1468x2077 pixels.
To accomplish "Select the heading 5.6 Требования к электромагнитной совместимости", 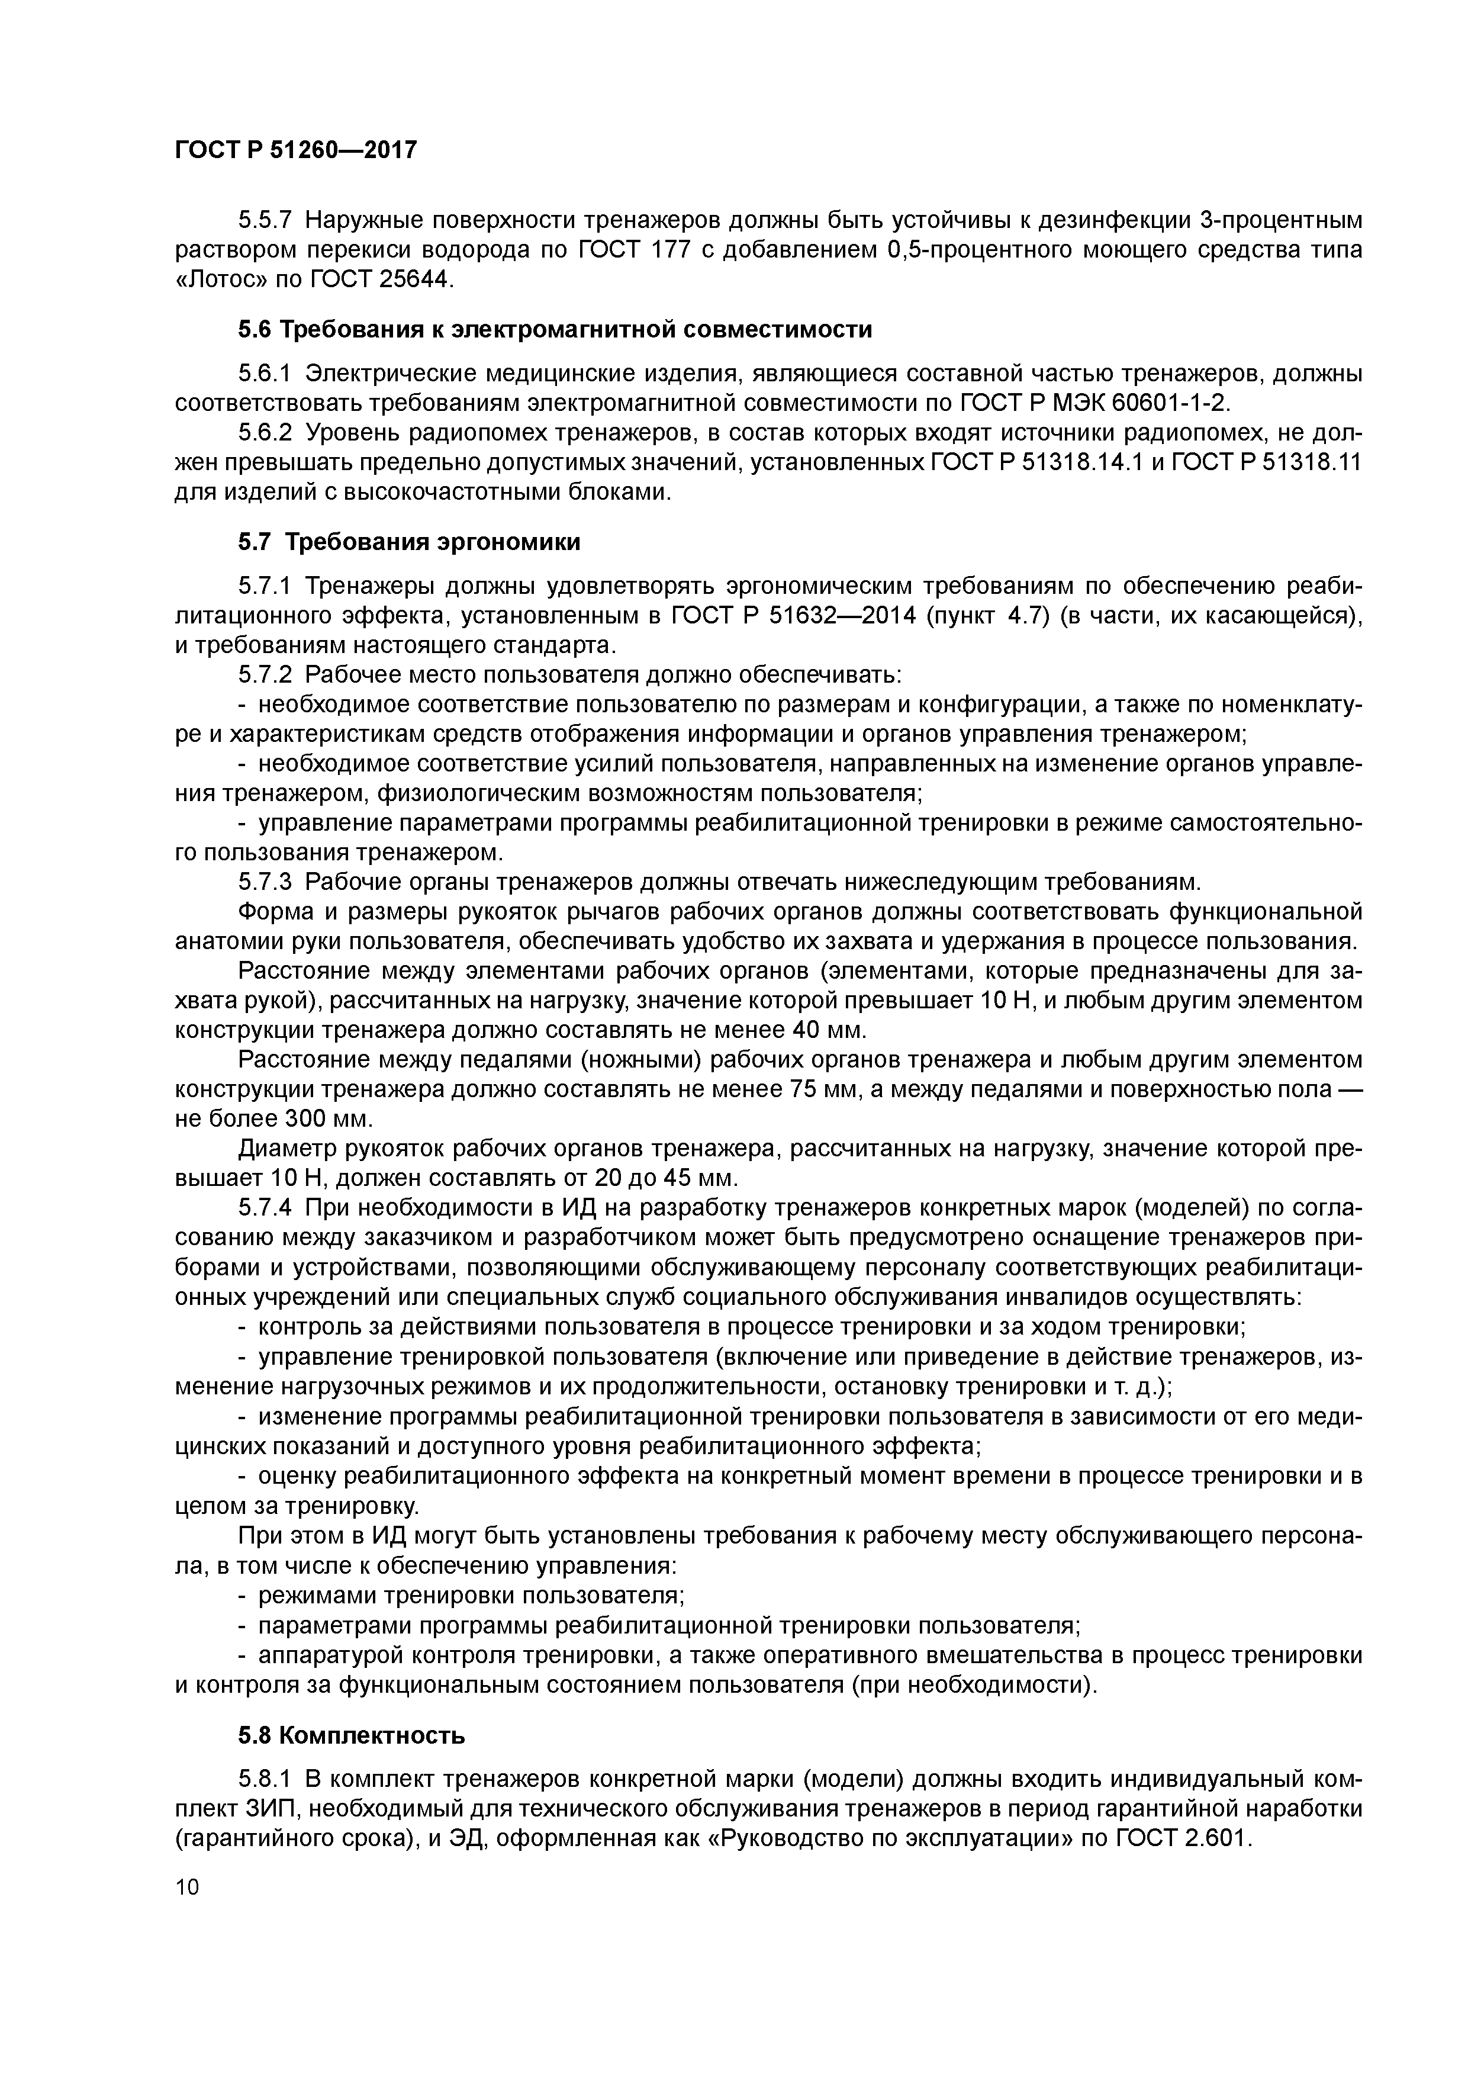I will coord(555,330).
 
